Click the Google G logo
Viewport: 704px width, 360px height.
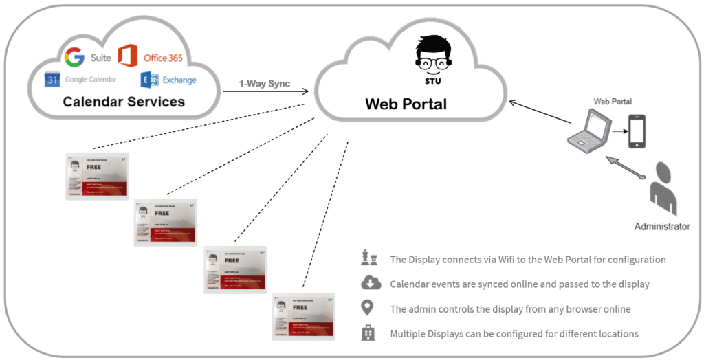(x=74, y=57)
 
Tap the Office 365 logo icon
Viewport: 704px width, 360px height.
(x=128, y=56)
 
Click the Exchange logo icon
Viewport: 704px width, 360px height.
(x=149, y=80)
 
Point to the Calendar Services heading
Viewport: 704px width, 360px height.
(x=124, y=102)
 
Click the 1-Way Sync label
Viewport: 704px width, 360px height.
(x=264, y=84)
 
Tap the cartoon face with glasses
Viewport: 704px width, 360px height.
(x=433, y=54)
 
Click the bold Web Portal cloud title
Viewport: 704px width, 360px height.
(x=406, y=104)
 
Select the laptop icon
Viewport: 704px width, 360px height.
(x=589, y=131)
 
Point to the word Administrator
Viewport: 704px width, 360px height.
(x=662, y=226)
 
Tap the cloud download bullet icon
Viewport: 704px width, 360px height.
(x=370, y=283)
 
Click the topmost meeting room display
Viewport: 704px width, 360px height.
(x=97, y=176)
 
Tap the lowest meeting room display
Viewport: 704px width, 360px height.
(x=302, y=317)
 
